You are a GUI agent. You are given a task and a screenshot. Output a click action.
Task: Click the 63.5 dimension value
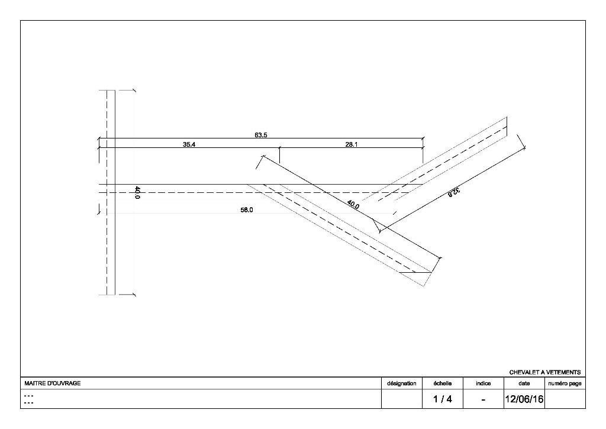(x=260, y=135)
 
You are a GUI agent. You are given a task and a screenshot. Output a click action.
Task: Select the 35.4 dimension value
(x=189, y=144)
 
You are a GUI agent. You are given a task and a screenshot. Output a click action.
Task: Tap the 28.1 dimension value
(x=352, y=144)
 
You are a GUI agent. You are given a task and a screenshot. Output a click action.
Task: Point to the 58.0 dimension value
(x=247, y=210)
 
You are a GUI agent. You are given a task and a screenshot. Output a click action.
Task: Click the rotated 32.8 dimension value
(x=454, y=192)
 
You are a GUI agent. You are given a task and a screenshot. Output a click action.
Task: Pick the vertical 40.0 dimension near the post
(x=137, y=192)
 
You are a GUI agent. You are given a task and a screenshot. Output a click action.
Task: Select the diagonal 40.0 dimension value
(x=353, y=205)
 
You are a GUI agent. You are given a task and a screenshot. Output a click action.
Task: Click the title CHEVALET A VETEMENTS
(x=545, y=372)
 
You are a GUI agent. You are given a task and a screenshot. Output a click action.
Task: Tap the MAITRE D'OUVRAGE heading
(x=53, y=383)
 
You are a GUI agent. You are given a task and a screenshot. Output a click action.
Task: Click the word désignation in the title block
(x=402, y=383)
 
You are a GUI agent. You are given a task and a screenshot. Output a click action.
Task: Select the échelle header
(x=443, y=383)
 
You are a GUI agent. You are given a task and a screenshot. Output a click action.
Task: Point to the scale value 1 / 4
(x=443, y=399)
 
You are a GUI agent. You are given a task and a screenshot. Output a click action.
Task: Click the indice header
(x=483, y=383)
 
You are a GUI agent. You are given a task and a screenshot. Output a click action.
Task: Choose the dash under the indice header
(x=483, y=399)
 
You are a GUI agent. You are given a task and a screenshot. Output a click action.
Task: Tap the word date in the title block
(x=524, y=383)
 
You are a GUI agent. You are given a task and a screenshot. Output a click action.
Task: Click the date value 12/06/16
(x=524, y=399)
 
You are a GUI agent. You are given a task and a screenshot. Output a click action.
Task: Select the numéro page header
(x=565, y=383)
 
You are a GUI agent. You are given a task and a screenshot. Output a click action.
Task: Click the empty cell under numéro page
(x=565, y=399)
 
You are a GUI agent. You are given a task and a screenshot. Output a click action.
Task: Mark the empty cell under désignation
(x=402, y=399)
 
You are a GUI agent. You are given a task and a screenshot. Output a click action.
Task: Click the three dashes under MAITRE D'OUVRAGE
(x=28, y=399)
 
